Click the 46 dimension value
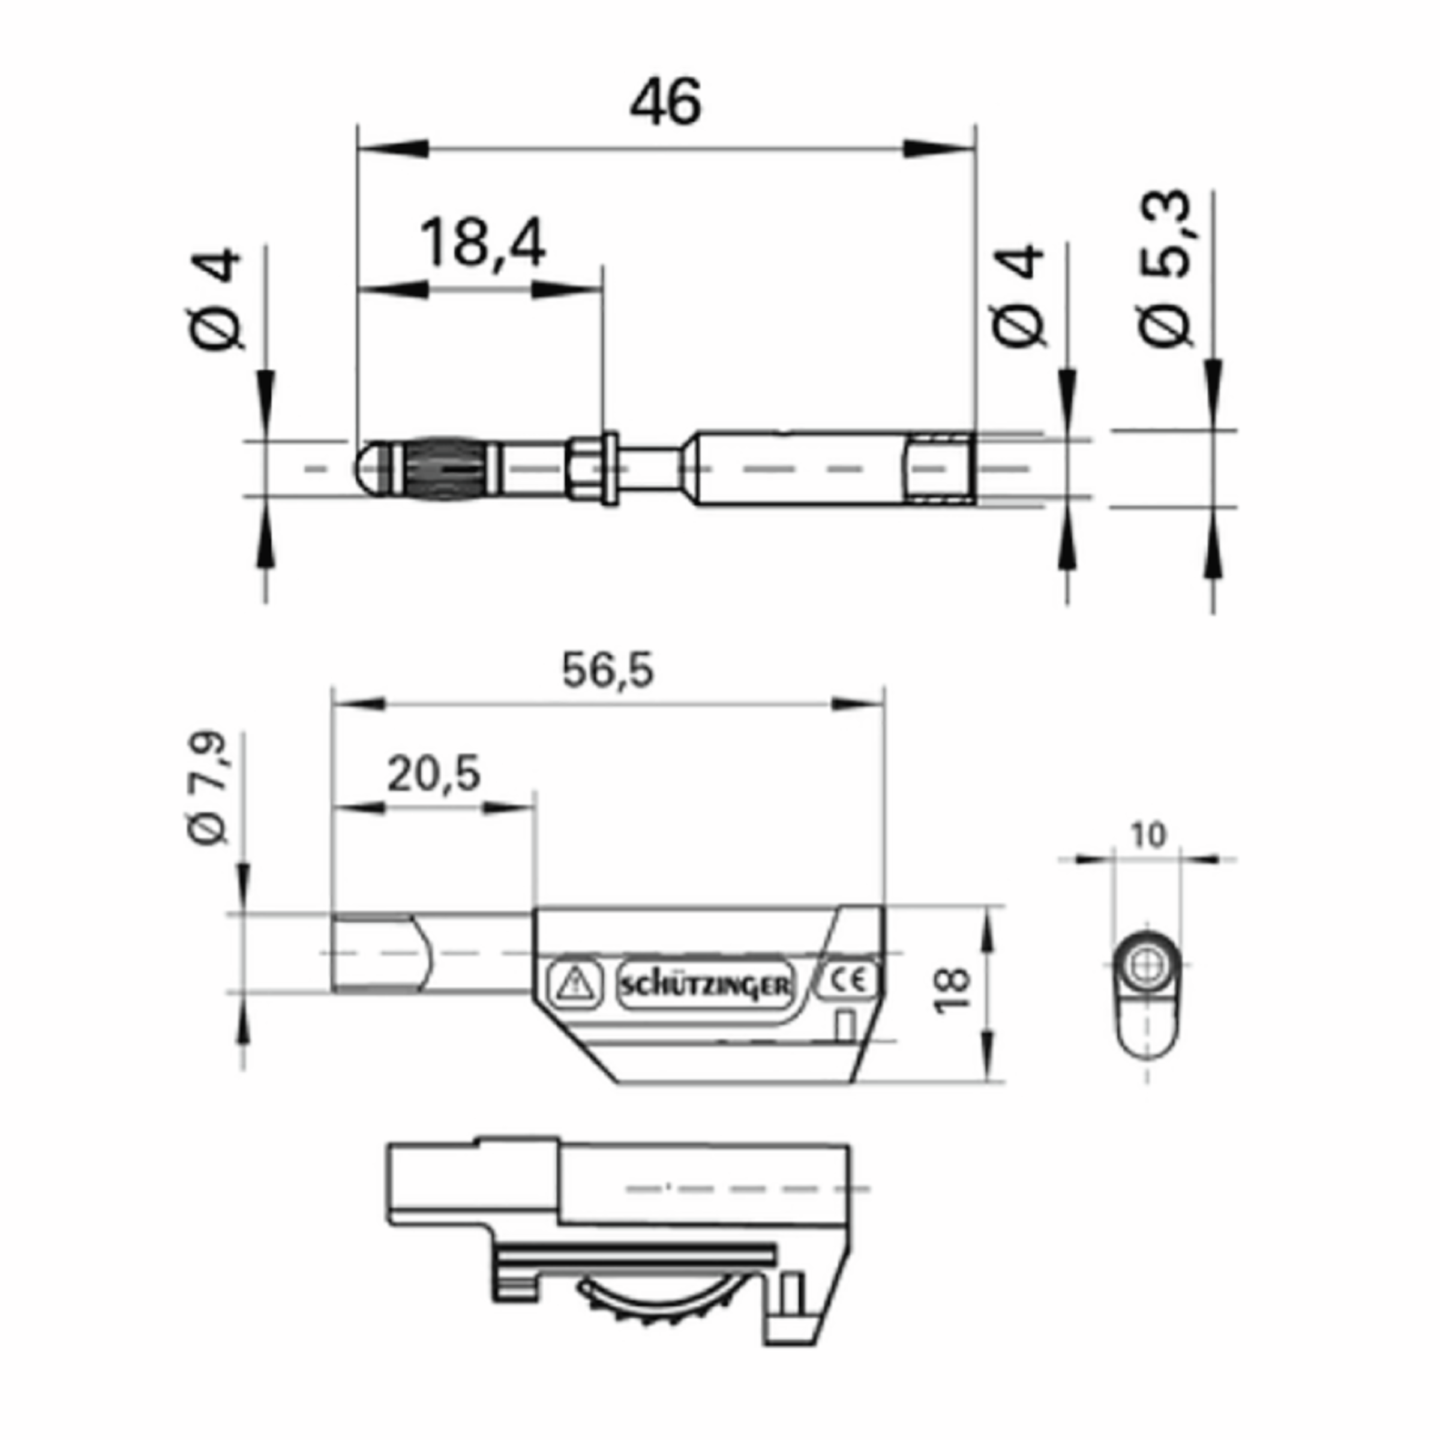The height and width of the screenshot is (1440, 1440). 665,102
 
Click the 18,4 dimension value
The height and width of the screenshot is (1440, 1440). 482,243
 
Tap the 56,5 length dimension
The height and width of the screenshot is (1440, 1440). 607,670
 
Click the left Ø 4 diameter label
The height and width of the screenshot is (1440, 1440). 216,299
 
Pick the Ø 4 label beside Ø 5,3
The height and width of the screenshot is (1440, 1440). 1019,296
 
